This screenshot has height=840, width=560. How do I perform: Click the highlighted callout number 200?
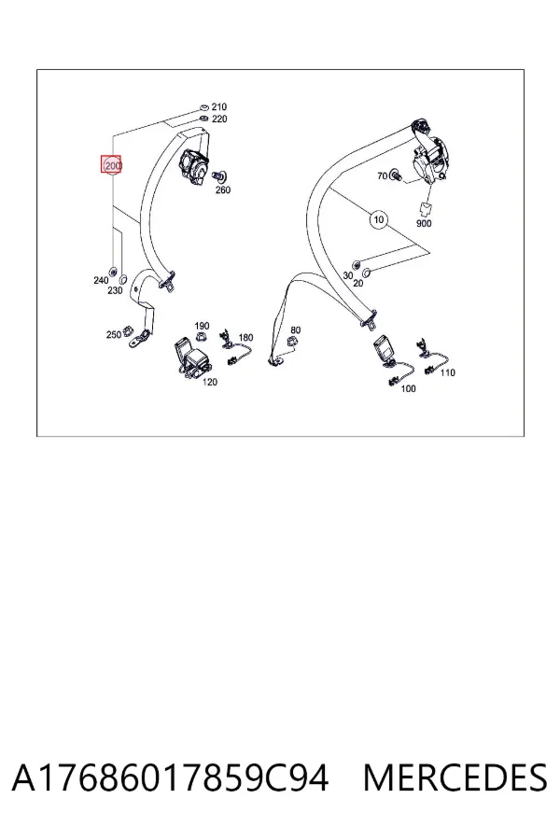pyautogui.click(x=112, y=165)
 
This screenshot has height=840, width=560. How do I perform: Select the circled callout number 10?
pyautogui.click(x=379, y=219)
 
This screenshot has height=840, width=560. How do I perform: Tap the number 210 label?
pyautogui.click(x=218, y=107)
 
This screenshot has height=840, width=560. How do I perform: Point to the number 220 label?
pyautogui.click(x=219, y=119)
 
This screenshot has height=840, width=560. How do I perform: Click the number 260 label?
pyautogui.click(x=223, y=190)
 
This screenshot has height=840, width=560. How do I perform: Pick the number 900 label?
pyautogui.click(x=424, y=223)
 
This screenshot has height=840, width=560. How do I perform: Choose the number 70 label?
pyautogui.click(x=382, y=175)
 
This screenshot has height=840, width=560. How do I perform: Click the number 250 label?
pyautogui.click(x=114, y=335)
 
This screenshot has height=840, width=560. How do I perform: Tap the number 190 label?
pyautogui.click(x=202, y=326)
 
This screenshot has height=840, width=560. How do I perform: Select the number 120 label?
pyautogui.click(x=210, y=382)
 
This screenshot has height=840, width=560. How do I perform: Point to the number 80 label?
pyautogui.click(x=295, y=330)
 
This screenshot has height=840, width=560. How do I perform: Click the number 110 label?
pyautogui.click(x=447, y=372)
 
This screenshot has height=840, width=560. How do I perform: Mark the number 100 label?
pyautogui.click(x=409, y=388)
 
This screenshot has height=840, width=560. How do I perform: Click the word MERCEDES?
pyautogui.click(x=455, y=778)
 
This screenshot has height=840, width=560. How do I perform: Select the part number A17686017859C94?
pyautogui.click(x=170, y=778)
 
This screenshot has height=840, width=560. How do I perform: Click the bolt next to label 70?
pyautogui.click(x=396, y=175)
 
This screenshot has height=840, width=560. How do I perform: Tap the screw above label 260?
pyautogui.click(x=219, y=175)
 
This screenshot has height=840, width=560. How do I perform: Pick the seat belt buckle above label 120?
pyautogui.click(x=191, y=357)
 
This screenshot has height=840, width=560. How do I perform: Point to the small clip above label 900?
pyautogui.click(x=425, y=209)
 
